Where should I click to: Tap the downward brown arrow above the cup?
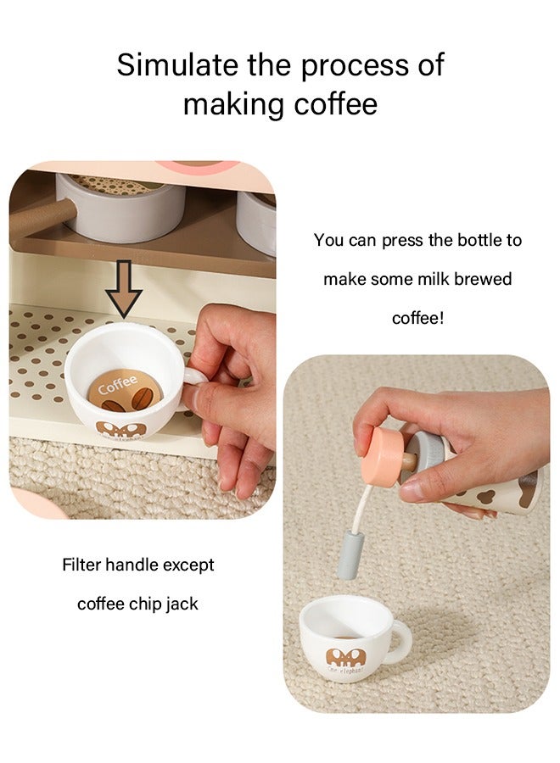pyautogui.click(x=125, y=288)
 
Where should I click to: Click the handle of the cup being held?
pyautogui.click(x=194, y=378)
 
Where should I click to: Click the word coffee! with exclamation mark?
pyautogui.click(x=417, y=318)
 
